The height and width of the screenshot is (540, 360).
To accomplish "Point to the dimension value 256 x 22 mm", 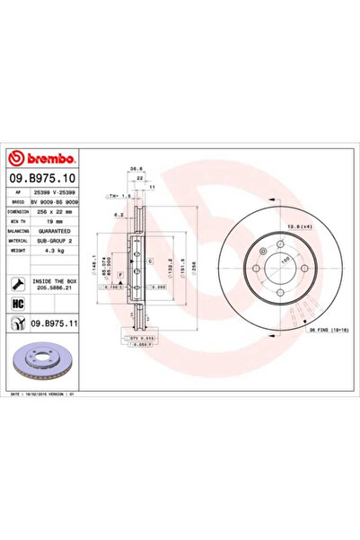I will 60,213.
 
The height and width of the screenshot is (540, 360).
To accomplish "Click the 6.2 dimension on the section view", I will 118,215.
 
